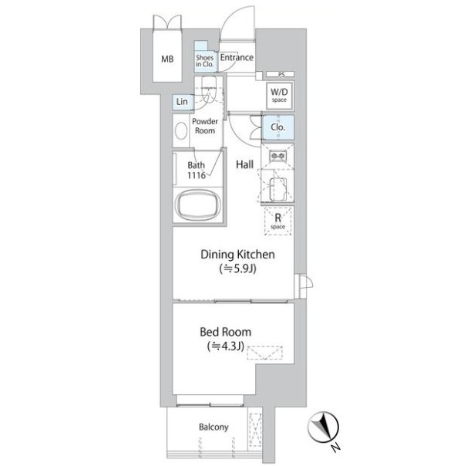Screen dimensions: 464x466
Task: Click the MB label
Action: [x=167, y=59]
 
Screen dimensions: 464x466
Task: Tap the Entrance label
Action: [x=237, y=57]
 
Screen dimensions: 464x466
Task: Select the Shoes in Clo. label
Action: [x=204, y=61]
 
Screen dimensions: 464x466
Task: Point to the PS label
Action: [x=281, y=74]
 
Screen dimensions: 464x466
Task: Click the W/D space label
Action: [x=279, y=95]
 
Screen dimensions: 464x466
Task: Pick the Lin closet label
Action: [x=182, y=102]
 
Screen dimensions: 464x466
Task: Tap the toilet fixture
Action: [x=209, y=89]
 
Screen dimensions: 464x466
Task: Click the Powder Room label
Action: [x=205, y=126]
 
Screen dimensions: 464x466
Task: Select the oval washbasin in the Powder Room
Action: [x=181, y=130]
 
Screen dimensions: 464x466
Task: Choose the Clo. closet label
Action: [x=277, y=127]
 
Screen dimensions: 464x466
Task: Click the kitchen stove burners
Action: [x=278, y=155]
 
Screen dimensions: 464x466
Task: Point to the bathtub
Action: [x=198, y=204]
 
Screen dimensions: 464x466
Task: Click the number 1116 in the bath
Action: [x=197, y=175]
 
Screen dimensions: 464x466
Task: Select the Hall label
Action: [x=244, y=164]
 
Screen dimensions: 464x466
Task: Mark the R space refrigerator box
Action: [x=277, y=221]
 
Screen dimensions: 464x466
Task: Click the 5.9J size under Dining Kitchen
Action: [x=238, y=268]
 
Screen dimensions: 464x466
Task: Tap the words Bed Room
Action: [x=226, y=332]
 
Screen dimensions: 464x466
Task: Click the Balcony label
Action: [x=214, y=427]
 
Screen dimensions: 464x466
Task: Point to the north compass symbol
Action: [x=324, y=428]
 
